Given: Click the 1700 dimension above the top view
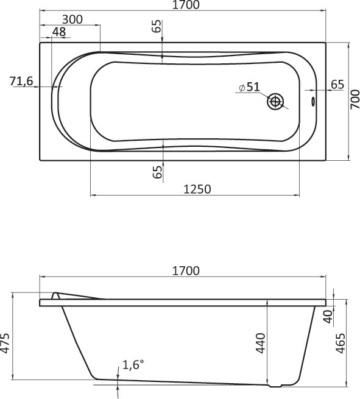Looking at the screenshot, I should point(187,6).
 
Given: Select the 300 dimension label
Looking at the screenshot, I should point(72,19).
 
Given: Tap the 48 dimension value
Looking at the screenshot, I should point(59,32).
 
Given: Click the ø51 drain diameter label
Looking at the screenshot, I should point(249,87).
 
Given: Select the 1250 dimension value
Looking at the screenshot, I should point(197,189).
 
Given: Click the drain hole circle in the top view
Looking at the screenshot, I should point(277,102).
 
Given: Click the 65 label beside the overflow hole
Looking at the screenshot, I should point(337,84).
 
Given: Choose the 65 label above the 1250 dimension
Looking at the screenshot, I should point(158,172).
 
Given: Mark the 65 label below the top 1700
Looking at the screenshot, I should point(157,27).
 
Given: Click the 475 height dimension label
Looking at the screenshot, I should point(5,345).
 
